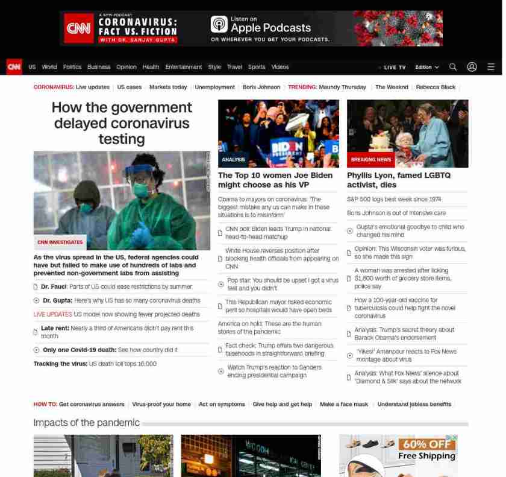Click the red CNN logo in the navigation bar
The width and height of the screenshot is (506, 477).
point(14,67)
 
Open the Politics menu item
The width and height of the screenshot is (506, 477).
point(72,67)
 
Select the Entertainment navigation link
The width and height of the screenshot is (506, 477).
point(184,67)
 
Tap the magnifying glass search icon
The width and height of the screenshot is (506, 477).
point(453,67)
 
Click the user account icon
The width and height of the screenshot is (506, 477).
point(472,67)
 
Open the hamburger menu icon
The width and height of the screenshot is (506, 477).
point(491,67)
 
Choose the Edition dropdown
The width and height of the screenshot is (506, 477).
point(427,68)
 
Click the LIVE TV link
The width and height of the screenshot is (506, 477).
point(394,68)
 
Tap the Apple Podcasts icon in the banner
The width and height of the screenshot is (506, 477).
point(219,24)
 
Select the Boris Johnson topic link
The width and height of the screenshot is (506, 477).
point(261,87)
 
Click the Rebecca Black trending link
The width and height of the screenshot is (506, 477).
point(436,87)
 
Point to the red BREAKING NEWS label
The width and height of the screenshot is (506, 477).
point(370,160)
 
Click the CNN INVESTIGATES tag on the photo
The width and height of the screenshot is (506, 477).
point(60,242)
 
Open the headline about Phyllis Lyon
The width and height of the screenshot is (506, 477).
point(398,180)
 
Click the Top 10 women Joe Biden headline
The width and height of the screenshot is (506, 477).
point(275,180)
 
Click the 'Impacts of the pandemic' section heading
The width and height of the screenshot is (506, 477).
point(86,423)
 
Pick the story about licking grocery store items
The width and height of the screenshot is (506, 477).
point(402,278)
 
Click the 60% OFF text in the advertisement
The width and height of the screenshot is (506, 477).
point(426,444)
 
